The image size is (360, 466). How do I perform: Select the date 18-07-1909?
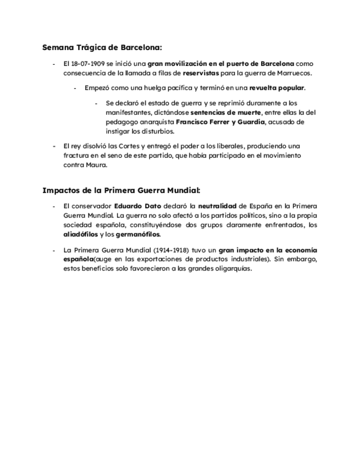pos(88,64)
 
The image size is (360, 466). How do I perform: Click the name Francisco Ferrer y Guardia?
pos(228,121)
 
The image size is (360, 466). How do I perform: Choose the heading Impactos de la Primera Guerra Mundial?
pos(121,191)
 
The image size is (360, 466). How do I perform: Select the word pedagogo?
pos(123,121)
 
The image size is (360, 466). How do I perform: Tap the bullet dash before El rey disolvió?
pos(54,146)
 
